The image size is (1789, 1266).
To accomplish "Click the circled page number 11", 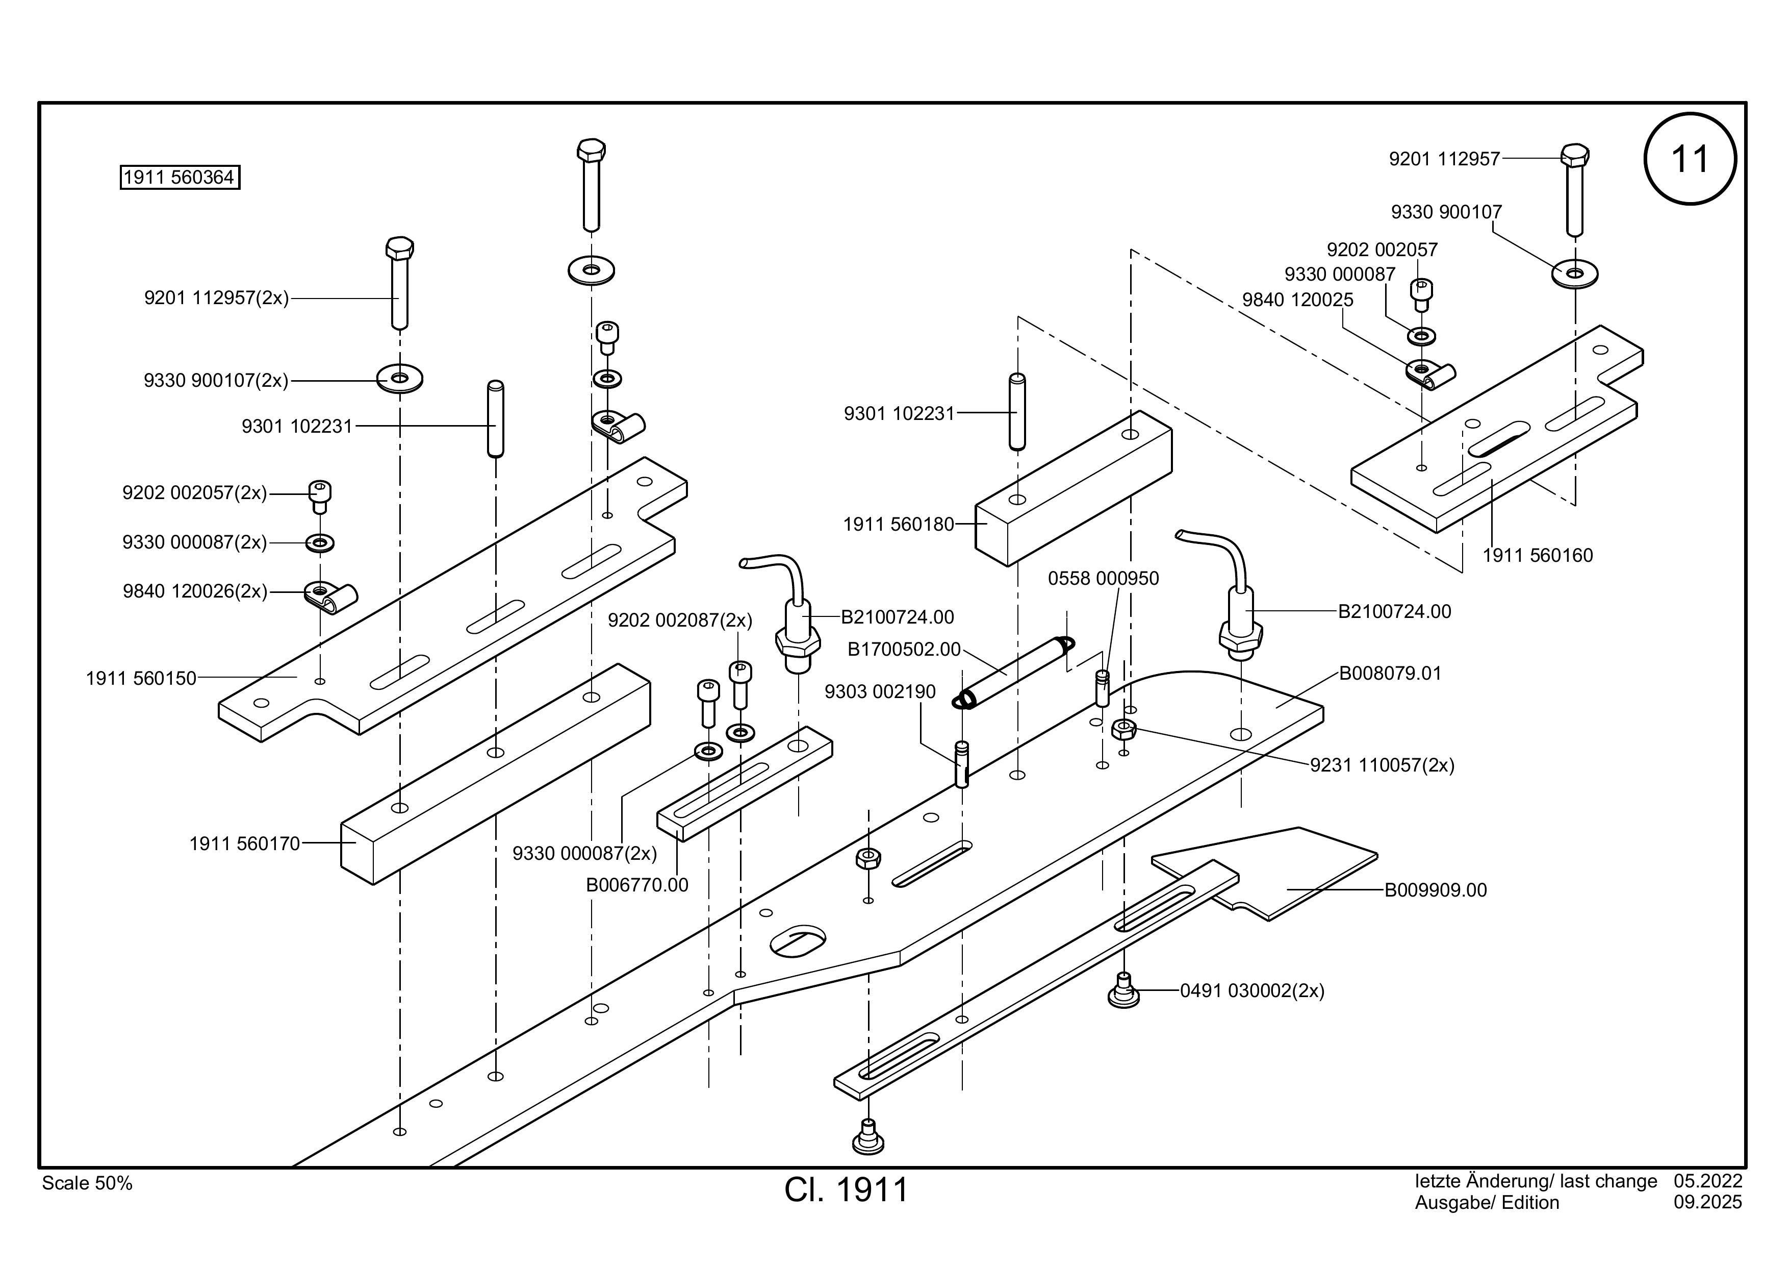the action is coord(1690,159).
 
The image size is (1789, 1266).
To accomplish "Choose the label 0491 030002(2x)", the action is coord(1252,991).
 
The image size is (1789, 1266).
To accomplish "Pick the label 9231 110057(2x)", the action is coord(1382,765).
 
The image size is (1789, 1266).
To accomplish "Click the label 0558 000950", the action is coord(1103,579).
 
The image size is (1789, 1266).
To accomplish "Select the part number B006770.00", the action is coord(637,885).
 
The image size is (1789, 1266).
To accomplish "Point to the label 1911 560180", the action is coord(899,525).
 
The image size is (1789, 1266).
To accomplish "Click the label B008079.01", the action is coord(1390,674).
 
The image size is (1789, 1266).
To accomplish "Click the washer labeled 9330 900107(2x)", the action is coord(400,379).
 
